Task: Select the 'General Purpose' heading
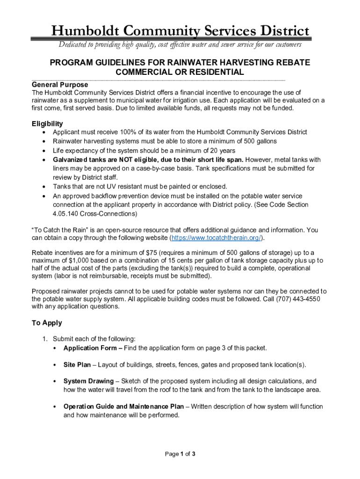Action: click(60, 85)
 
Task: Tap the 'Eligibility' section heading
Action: click(47, 123)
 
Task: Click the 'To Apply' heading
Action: click(47, 323)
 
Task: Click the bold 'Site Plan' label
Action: click(77, 365)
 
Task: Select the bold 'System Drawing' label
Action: click(88, 381)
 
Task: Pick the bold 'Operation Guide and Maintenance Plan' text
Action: click(123, 406)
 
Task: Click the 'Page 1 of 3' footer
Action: click(180, 454)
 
